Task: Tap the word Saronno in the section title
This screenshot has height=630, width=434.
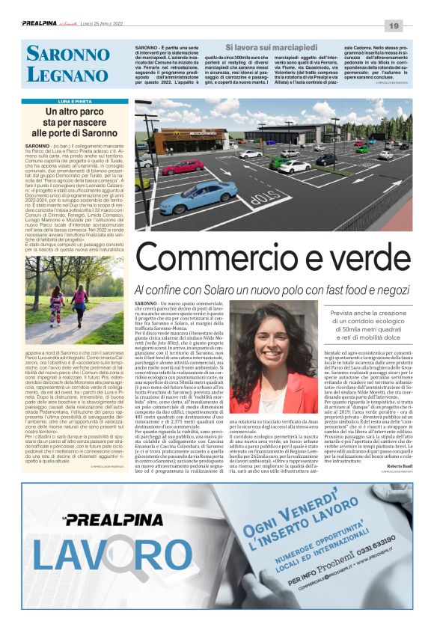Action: (67, 54)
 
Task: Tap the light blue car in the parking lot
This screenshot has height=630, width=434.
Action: (198, 196)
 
